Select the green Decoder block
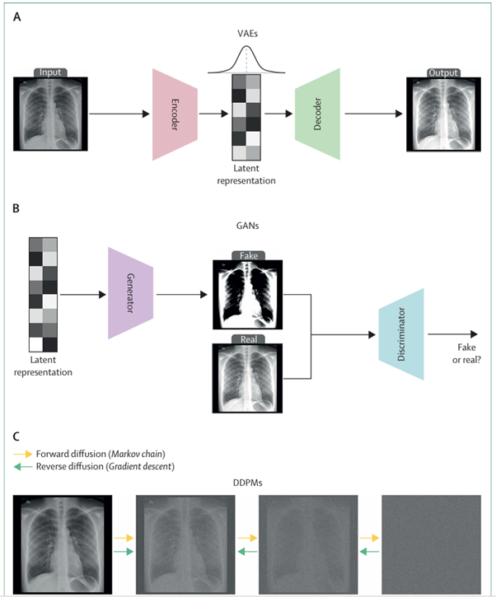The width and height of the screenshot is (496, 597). pyautogui.click(x=317, y=114)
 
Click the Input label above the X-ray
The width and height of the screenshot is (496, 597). pyautogui.click(x=52, y=72)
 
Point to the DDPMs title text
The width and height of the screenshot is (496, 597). pyautogui.click(x=247, y=483)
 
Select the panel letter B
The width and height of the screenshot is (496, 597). pyautogui.click(x=16, y=210)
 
